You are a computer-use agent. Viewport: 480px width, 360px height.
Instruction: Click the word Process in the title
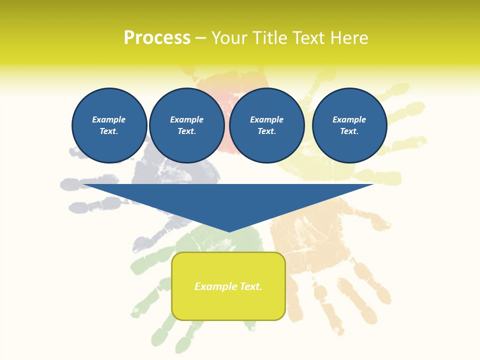157,38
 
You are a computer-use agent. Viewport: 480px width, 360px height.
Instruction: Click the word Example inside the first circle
109,119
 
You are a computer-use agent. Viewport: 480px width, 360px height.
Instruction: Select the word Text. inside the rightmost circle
349,131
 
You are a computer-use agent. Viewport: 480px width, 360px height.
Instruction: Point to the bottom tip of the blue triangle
229,231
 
